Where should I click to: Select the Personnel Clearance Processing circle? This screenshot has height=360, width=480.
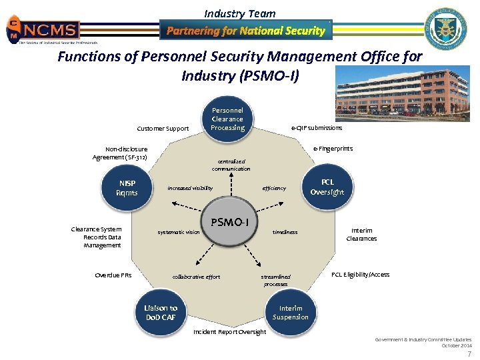pyautogui.click(x=227, y=119)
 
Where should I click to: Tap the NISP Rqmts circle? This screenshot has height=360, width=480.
pyautogui.click(x=127, y=188)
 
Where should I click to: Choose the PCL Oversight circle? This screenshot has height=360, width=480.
pyautogui.click(x=327, y=187)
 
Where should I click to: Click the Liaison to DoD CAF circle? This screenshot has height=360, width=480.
pyautogui.click(x=161, y=313)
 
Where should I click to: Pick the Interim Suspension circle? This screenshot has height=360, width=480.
pyautogui.click(x=291, y=313)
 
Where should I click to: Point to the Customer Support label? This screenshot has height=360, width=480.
pyautogui.click(x=163, y=128)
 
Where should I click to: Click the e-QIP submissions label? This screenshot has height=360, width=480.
pyautogui.click(x=317, y=128)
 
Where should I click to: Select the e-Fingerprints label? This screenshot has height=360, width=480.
pyautogui.click(x=333, y=149)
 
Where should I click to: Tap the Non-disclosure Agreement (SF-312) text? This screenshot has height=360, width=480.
pyautogui.click(x=120, y=153)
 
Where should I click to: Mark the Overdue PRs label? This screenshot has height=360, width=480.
pyautogui.click(x=113, y=275)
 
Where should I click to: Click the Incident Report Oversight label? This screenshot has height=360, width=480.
pyautogui.click(x=229, y=332)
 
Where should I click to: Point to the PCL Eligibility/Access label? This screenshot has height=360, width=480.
pyautogui.click(x=360, y=275)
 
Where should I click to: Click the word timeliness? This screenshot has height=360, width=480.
pyautogui.click(x=285, y=232)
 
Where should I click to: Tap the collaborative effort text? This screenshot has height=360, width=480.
pyautogui.click(x=196, y=277)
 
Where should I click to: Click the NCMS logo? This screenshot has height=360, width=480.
pyautogui.click(x=43, y=30)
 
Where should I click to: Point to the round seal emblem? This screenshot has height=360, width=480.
pyautogui.click(x=446, y=30)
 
